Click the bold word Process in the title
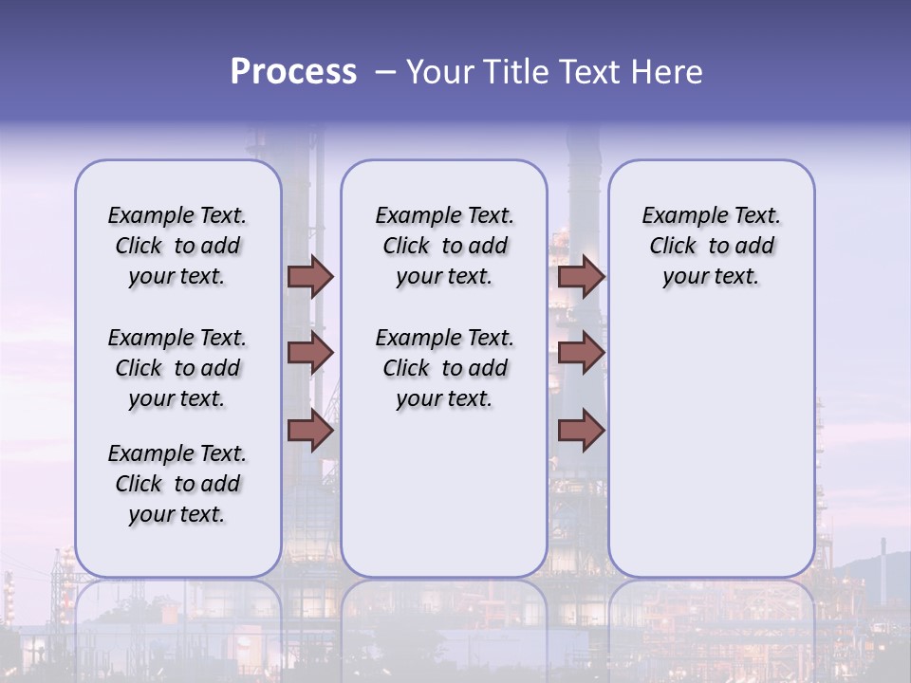pos(293,72)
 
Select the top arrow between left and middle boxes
pos(310,276)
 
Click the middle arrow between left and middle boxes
pos(310,353)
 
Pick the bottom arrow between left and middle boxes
pos(310,431)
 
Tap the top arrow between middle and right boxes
pos(581,276)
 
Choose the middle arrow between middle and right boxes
pos(581,353)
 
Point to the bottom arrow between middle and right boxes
pos(581,431)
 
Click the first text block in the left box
pos(177,246)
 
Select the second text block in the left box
pos(177,368)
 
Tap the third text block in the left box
pos(177,484)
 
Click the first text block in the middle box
pos(444,246)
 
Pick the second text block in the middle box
pos(444,368)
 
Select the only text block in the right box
pos(711,246)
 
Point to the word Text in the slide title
pos(591,72)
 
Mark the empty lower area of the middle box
pos(444,493)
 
